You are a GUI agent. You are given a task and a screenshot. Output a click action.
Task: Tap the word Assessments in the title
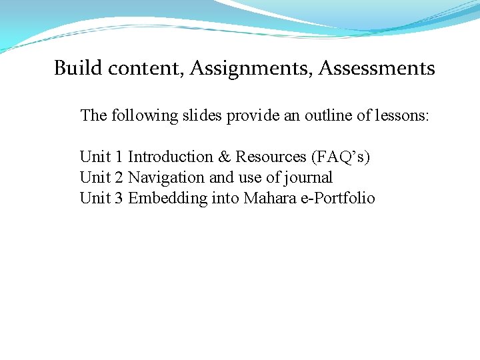[x=377, y=68]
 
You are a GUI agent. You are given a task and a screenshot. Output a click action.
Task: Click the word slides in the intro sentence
[x=203, y=116]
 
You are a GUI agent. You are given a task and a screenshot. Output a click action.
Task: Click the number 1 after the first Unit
[x=119, y=157]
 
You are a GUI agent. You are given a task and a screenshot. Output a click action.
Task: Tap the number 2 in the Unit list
[x=119, y=178]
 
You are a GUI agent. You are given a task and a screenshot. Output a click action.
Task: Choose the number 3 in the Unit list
[x=119, y=199]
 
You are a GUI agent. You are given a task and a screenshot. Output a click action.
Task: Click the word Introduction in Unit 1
[x=170, y=157]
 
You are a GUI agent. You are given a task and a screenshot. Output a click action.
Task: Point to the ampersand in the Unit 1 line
[x=224, y=157]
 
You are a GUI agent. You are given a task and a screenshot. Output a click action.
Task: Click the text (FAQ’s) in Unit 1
[x=341, y=157]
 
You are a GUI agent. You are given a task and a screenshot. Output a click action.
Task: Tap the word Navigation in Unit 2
[x=166, y=178]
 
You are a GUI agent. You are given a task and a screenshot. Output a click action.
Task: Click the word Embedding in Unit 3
[x=167, y=199]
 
